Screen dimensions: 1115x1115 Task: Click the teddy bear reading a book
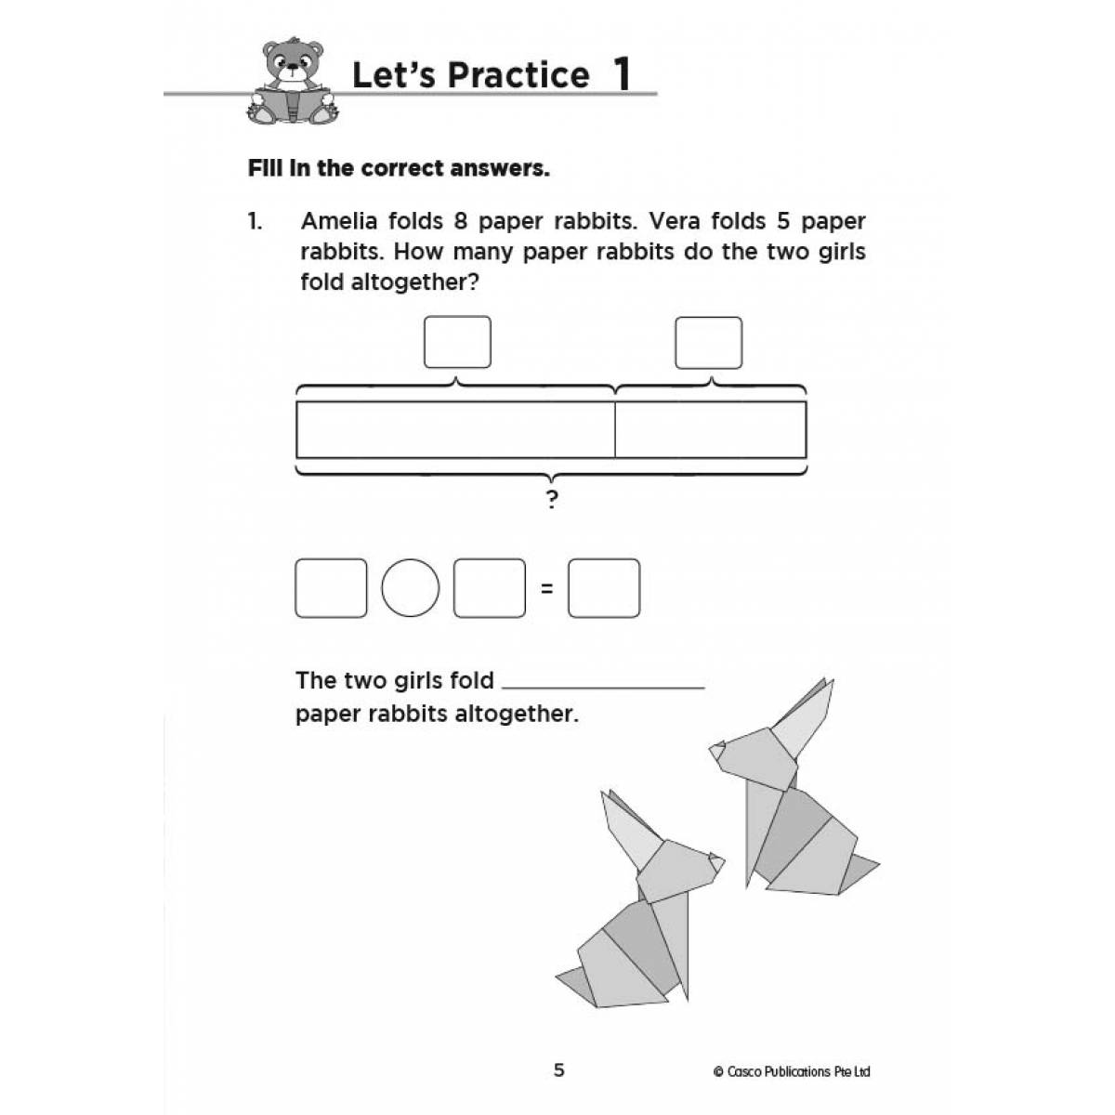[x=293, y=82]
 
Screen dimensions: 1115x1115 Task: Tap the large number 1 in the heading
[x=622, y=75]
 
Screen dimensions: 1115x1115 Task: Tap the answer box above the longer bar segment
[x=457, y=342]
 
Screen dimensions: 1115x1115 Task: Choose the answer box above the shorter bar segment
[x=708, y=342]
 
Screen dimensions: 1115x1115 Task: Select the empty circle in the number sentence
[x=410, y=588]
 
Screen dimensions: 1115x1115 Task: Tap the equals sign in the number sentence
[x=547, y=588]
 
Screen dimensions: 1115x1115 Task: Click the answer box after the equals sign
[x=604, y=588]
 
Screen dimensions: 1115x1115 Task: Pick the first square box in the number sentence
[x=330, y=588]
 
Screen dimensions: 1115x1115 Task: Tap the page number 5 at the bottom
[x=558, y=1070]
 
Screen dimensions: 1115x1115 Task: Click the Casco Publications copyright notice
[x=792, y=1071]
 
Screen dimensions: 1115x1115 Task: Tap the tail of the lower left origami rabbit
[x=571, y=976]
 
